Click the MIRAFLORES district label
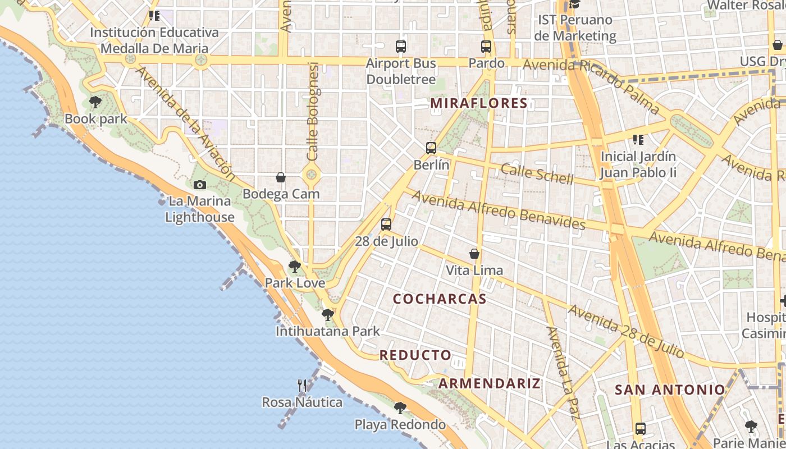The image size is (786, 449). click(479, 103)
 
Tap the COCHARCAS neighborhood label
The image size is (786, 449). click(440, 299)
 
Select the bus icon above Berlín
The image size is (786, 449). click(431, 148)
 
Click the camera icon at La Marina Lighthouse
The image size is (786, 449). click(199, 185)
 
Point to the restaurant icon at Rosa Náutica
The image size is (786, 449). click(302, 385)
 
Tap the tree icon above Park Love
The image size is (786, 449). click(294, 267)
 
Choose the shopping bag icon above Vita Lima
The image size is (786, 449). click(474, 254)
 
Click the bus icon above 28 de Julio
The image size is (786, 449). click(386, 224)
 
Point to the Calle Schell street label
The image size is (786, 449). click(537, 174)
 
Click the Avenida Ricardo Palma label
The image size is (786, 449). click(591, 84)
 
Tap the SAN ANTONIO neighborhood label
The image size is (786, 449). click(670, 390)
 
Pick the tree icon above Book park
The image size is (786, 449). click(95, 102)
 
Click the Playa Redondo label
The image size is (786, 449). click(400, 425)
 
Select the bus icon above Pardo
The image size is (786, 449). click(486, 47)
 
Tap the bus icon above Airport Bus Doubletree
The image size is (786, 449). click(401, 47)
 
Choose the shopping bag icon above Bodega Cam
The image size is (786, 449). click(281, 178)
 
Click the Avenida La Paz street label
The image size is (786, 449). click(563, 373)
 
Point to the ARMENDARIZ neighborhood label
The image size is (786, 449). click(489, 384)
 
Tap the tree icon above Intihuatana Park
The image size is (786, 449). click(327, 315)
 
